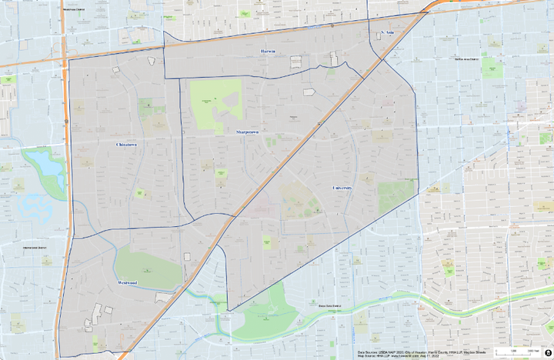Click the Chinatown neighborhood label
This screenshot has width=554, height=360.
[x=126, y=144]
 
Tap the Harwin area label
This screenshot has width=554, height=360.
[x=267, y=52]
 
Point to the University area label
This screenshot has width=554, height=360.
[x=342, y=187]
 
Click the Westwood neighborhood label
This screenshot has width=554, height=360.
[x=128, y=283]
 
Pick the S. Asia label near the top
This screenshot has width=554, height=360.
[x=389, y=33]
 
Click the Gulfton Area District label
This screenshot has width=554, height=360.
[x=467, y=58]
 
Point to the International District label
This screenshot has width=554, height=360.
[x=35, y=248]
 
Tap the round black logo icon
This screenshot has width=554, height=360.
[x=547, y=351]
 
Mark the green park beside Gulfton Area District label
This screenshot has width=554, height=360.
[x=492, y=66]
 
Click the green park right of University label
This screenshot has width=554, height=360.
[x=395, y=196]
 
